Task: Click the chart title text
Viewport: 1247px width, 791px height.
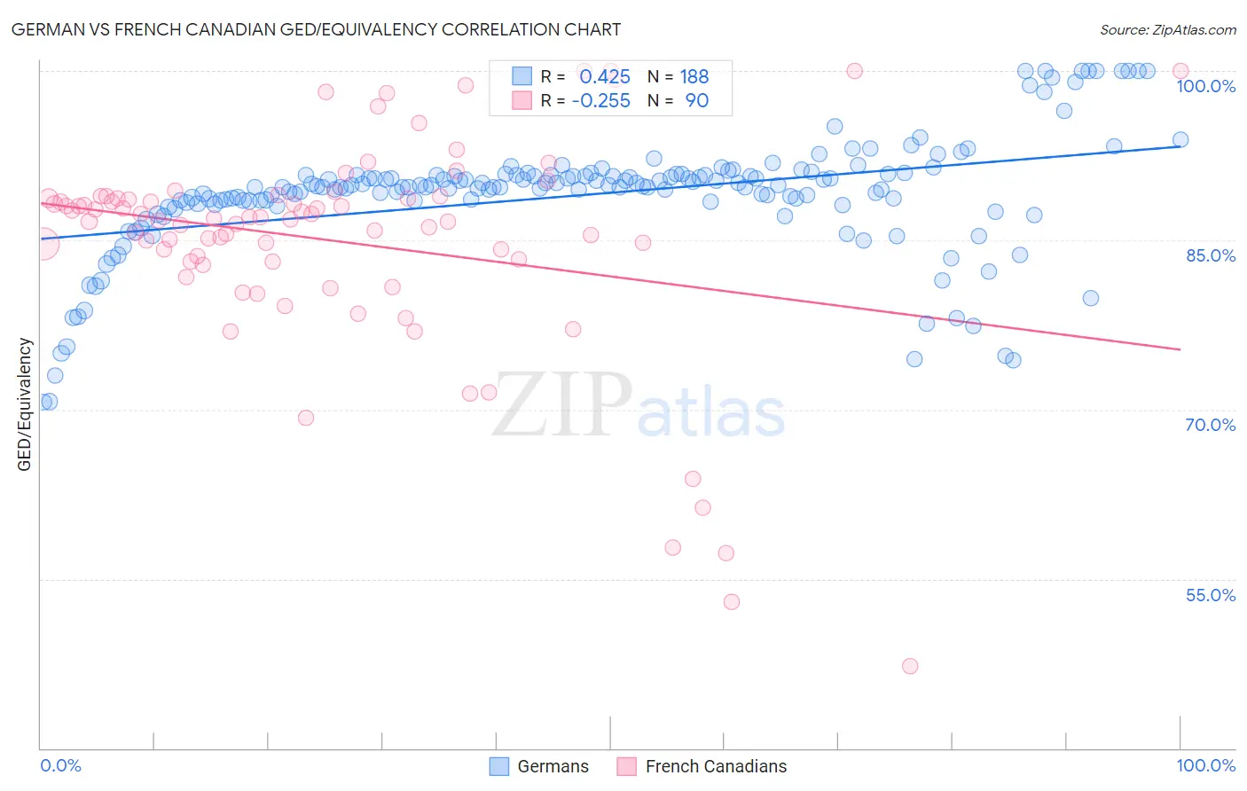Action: coord(317,29)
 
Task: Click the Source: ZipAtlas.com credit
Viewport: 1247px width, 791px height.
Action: coord(1167,29)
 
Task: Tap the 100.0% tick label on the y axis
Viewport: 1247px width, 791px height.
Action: coord(1205,86)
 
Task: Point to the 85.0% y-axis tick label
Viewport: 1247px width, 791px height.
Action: coord(1210,255)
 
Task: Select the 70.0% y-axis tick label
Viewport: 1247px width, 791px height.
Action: coord(1210,425)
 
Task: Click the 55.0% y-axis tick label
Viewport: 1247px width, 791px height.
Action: coord(1210,595)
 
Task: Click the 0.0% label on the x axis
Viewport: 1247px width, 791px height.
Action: coord(60,765)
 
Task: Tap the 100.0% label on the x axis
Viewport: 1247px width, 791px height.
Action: coord(1205,765)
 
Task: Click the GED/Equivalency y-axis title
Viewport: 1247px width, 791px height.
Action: coord(25,404)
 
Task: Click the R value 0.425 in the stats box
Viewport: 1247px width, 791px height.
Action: coord(604,77)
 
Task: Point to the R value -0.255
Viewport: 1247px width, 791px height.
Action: coord(600,101)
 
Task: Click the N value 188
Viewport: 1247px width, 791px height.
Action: coord(694,77)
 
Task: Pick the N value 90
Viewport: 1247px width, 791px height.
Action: coord(696,101)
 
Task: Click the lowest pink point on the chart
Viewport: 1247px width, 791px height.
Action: coord(909,666)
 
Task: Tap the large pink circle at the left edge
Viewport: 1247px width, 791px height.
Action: coord(42,244)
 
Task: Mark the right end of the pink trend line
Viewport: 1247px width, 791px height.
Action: coord(1180,349)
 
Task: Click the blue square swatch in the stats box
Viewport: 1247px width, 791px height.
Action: coord(522,76)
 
